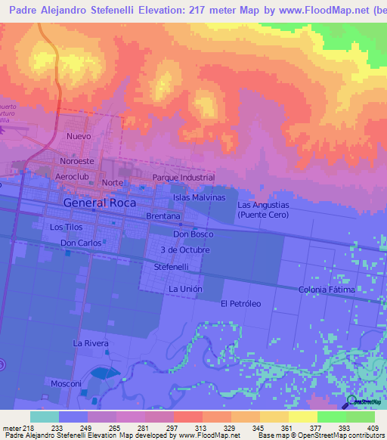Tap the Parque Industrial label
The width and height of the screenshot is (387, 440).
[x=184, y=178]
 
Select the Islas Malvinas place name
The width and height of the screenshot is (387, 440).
[x=200, y=197]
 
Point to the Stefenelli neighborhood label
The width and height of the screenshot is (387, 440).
[x=172, y=267]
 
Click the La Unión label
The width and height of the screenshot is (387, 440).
[x=184, y=289]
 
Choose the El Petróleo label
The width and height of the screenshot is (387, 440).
[x=240, y=303]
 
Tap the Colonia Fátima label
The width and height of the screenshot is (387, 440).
[x=327, y=290]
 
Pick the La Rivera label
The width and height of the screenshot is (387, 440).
[x=91, y=343]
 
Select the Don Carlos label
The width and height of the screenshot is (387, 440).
[x=81, y=243]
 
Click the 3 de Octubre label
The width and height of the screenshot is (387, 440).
[x=185, y=249]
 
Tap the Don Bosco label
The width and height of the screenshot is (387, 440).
[x=193, y=234]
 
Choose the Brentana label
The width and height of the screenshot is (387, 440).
[x=163, y=216]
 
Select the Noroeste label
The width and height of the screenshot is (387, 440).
[x=77, y=161]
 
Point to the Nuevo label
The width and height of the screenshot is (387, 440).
[x=79, y=136]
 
